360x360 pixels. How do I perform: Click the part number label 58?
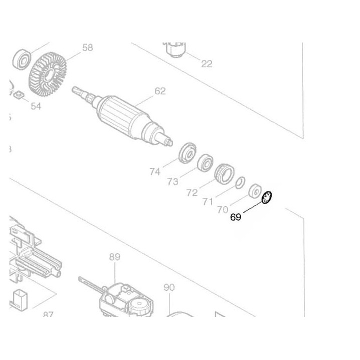click(x=87, y=48)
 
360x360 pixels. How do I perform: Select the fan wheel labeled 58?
click(x=48, y=75)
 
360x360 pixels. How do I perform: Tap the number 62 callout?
click(x=160, y=91)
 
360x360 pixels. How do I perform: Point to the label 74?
click(x=155, y=171)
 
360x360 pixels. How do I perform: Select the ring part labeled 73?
click(x=204, y=163)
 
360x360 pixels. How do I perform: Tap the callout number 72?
click(x=191, y=192)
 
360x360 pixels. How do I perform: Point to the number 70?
click(x=223, y=210)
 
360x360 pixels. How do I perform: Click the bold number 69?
click(x=236, y=217)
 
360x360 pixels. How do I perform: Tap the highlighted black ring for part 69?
click(x=266, y=197)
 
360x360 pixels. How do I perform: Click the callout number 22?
click(x=206, y=63)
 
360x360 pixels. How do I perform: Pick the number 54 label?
click(x=35, y=106)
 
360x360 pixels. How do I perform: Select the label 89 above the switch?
click(x=114, y=257)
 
